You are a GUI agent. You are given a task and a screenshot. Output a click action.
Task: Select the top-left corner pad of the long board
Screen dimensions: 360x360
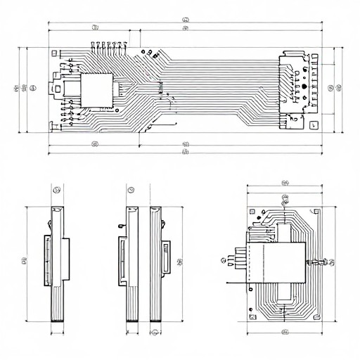(53, 52)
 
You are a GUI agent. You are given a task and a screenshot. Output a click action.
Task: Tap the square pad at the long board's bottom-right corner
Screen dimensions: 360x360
(313, 126)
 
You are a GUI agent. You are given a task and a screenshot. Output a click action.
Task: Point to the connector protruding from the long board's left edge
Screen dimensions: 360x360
(54, 89)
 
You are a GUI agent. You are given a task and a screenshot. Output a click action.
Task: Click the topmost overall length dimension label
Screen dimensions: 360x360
(185, 20)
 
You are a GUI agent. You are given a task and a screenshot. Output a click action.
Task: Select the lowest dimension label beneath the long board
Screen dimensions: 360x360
(185, 151)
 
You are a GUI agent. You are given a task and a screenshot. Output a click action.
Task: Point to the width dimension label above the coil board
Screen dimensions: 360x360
(284, 183)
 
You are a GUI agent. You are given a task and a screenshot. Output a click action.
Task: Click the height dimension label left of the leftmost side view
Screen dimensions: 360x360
(24, 261)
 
